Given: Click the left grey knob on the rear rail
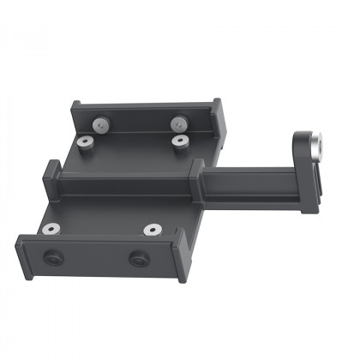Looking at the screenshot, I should [102, 125].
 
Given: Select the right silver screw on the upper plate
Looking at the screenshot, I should [179, 141].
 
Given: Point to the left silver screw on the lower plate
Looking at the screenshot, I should [51, 230].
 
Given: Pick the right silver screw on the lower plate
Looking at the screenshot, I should [153, 230].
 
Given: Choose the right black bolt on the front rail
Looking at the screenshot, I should [138, 258].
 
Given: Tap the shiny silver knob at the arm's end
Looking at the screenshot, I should [316, 142].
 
